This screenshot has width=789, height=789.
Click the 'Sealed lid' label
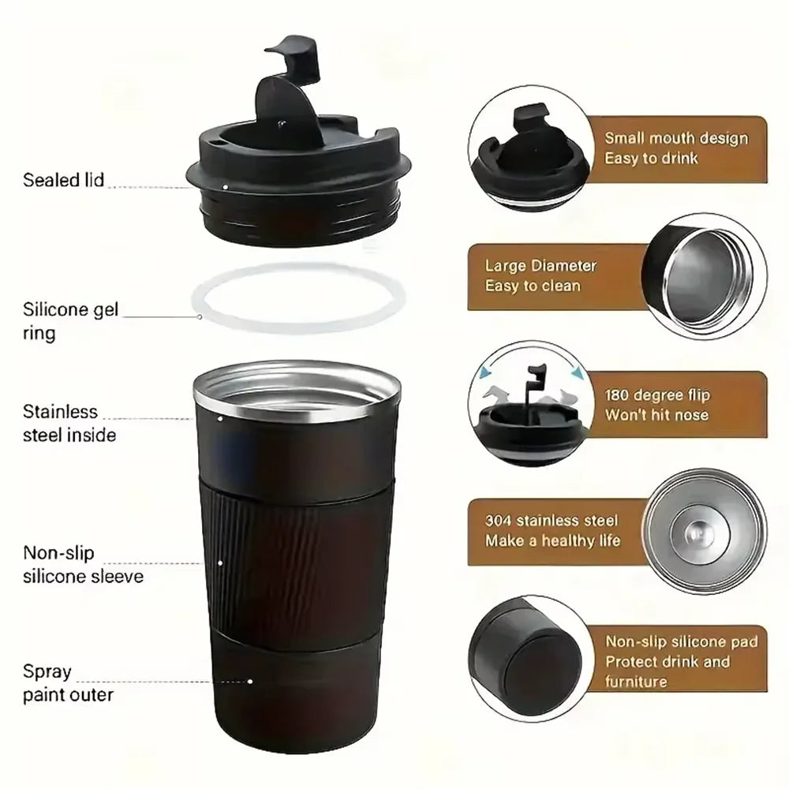[x=63, y=180]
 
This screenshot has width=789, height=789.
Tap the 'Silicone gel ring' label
[x=70, y=321]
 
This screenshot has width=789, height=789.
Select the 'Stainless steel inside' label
[x=69, y=423]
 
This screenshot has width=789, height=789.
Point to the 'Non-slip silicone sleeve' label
[x=82, y=565]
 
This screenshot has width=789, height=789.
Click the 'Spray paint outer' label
[x=67, y=683]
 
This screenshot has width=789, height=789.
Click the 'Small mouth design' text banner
[x=675, y=148]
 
